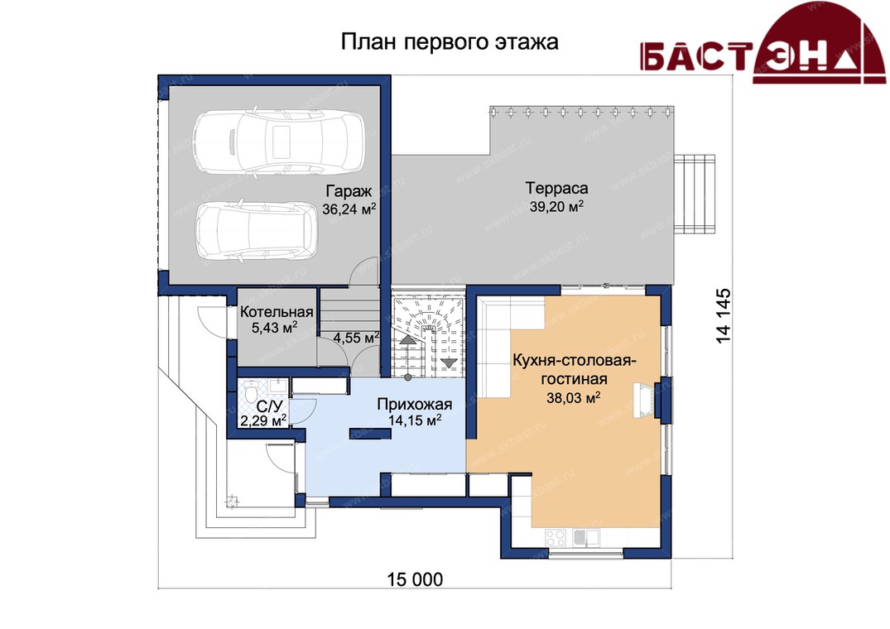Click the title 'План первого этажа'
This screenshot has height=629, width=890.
450,42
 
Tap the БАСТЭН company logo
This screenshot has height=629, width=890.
763,42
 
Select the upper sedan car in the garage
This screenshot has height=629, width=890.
278,140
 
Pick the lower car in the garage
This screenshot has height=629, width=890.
256,230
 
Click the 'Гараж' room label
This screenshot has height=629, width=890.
349,190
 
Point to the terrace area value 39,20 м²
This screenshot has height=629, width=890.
557,206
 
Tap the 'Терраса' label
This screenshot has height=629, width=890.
557,188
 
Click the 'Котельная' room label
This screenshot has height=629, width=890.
277,312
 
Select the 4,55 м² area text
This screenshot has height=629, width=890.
356,338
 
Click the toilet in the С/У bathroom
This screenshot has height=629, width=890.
253,390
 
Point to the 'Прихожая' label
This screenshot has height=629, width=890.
414,405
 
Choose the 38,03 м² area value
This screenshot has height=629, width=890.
573,398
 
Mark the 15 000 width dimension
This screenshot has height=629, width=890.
415,579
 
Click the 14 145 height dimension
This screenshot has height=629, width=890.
724,316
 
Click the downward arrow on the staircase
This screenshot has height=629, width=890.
449,362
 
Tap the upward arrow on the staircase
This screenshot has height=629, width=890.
407,340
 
